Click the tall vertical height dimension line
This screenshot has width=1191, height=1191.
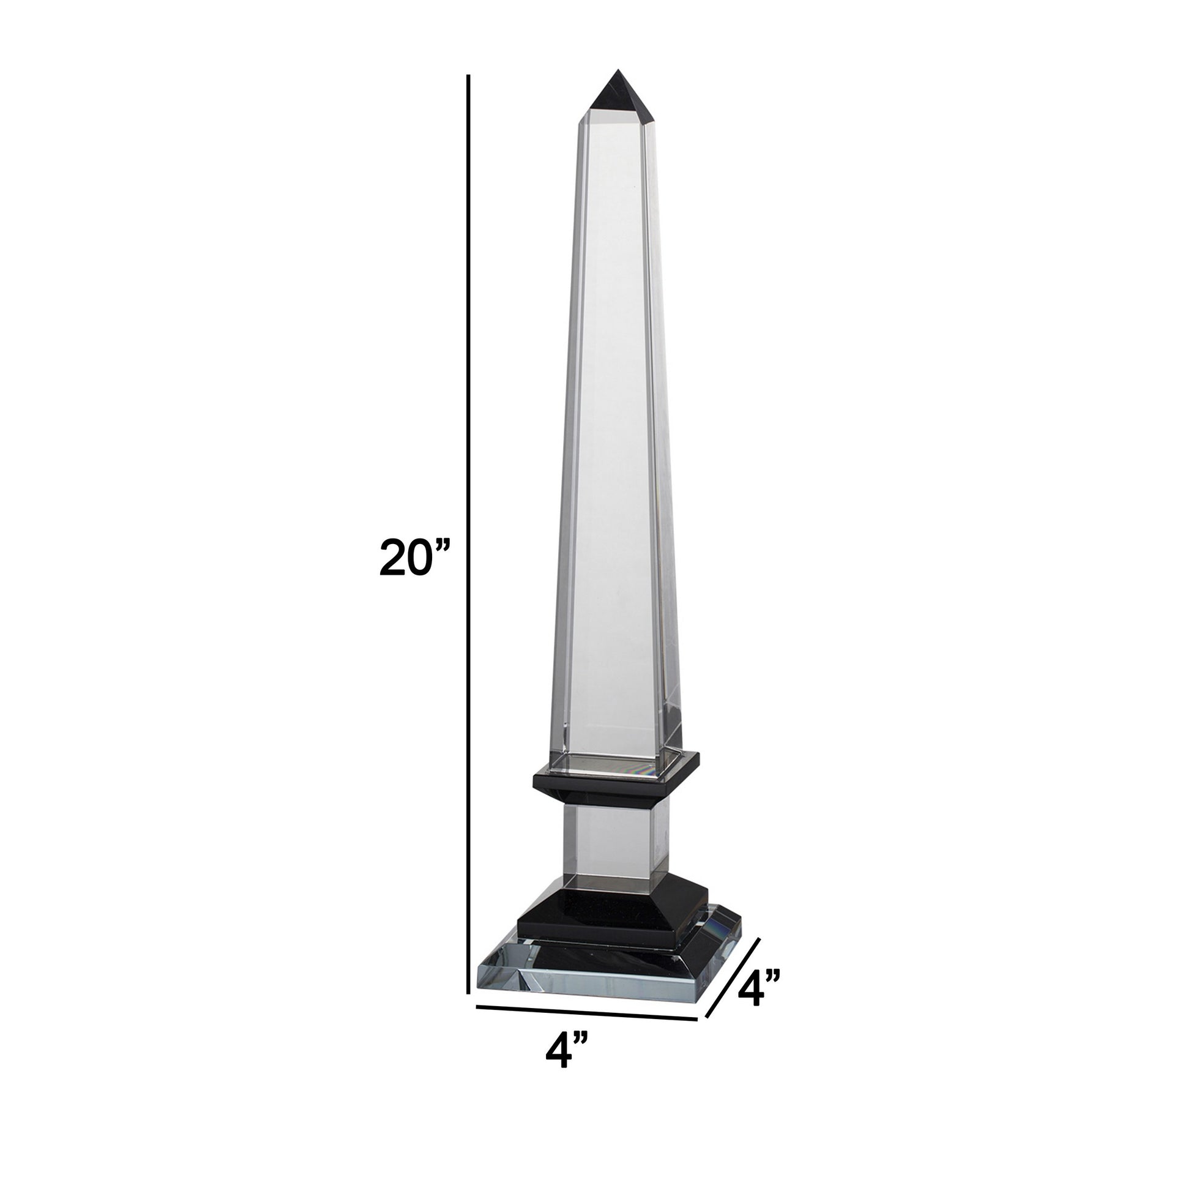pos(469,542)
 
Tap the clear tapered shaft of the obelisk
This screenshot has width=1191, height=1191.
pos(616,431)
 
